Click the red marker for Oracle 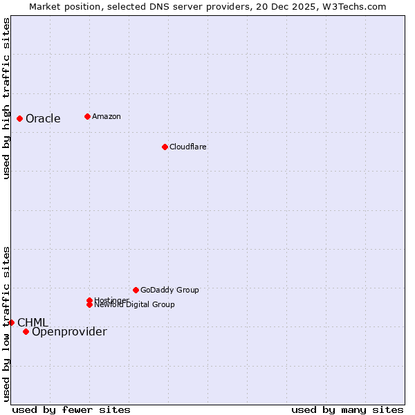tap(19, 118)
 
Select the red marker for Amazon tap(87, 116)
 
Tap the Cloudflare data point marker tap(165, 147)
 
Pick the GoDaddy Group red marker tap(136, 290)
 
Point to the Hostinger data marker tap(90, 300)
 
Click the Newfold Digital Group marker tap(90, 304)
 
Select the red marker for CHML tap(11, 322)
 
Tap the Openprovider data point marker tap(26, 331)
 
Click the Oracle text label tap(43, 118)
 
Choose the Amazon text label tap(106, 116)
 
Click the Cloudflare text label tap(187, 147)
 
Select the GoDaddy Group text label tap(169, 290)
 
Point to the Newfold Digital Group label tap(134, 304)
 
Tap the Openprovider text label tap(69, 332)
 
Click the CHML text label tap(33, 322)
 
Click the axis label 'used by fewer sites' tap(71, 409)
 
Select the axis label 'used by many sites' tap(347, 409)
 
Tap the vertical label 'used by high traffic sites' tap(6, 98)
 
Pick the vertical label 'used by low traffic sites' tap(6, 324)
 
